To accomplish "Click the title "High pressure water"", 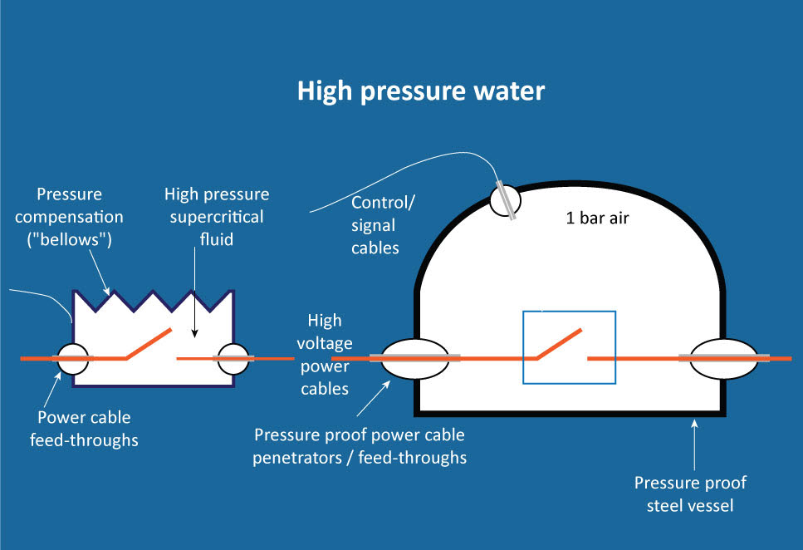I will [421, 91].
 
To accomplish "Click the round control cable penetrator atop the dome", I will [504, 200].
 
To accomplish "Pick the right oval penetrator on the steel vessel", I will [722, 358].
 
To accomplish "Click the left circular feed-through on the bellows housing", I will [71, 359].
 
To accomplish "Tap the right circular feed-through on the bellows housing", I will [233, 359].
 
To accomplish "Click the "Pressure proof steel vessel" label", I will [690, 494].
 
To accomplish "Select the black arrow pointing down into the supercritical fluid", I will [193, 307].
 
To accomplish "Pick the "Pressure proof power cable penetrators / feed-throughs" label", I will [360, 445].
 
